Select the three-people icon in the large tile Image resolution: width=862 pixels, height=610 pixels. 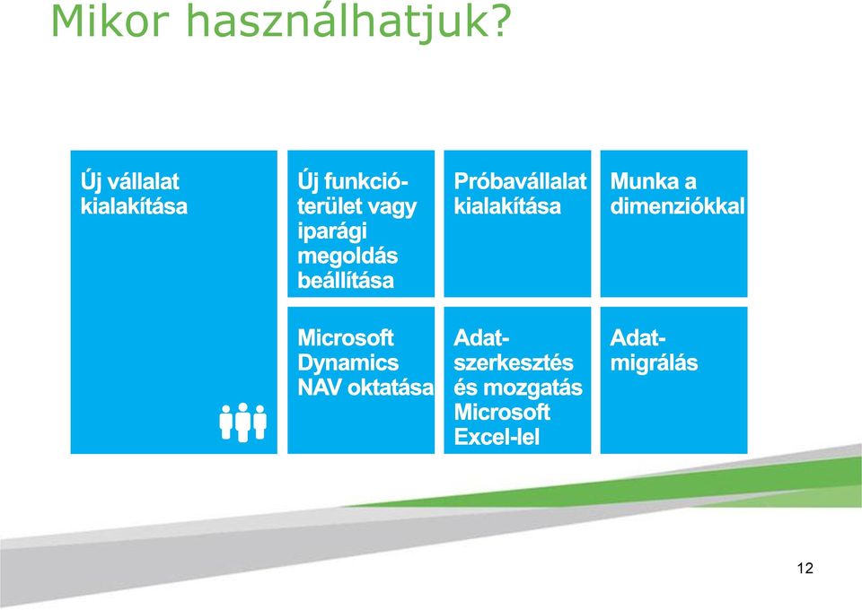pos(242,423)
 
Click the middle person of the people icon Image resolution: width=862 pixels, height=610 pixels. pos(242,423)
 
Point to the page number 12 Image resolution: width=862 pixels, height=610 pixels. pos(805,568)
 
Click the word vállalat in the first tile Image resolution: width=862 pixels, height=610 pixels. pos(144,182)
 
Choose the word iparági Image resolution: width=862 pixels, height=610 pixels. pos(332,232)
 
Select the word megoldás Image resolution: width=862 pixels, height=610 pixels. pos(347,257)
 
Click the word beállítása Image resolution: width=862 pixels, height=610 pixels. pos(346,281)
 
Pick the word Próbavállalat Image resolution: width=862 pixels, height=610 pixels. pos(520,182)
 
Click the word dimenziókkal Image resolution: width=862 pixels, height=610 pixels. pos(677,206)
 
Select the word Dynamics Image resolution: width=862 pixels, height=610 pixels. pos(348,363)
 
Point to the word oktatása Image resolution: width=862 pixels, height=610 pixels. pos(391,388)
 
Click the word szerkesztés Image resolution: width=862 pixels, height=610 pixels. pos(514,363)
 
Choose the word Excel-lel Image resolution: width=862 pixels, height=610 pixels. pos(497,438)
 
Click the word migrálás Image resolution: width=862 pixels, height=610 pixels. pos(655,364)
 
